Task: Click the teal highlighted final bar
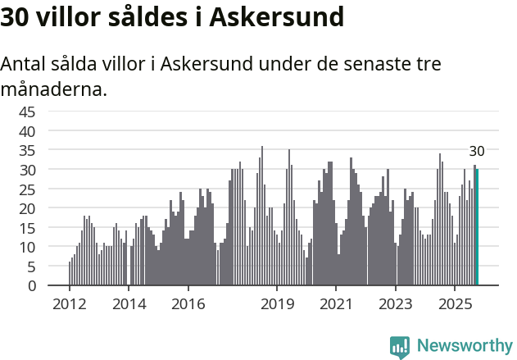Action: [x=477, y=227]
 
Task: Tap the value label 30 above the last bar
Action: [x=477, y=151]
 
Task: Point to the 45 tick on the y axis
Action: [x=27, y=112]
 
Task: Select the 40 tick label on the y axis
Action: [x=27, y=131]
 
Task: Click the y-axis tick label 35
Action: [x=27, y=150]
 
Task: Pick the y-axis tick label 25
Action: [x=27, y=189]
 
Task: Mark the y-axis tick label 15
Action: [x=27, y=228]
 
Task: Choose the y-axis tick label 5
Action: [x=31, y=267]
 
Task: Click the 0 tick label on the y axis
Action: [x=31, y=286]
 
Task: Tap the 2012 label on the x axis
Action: [x=70, y=305]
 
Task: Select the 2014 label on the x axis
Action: [x=129, y=305]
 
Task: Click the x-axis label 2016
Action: [x=188, y=305]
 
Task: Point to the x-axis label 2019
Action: [x=277, y=305]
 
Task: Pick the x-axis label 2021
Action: [x=336, y=305]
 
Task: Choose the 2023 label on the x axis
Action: [x=396, y=305]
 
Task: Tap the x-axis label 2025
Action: [x=455, y=305]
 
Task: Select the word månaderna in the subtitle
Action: [x=53, y=89]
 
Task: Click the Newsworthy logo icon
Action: [x=400, y=347]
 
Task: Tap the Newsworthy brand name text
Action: [x=464, y=346]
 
